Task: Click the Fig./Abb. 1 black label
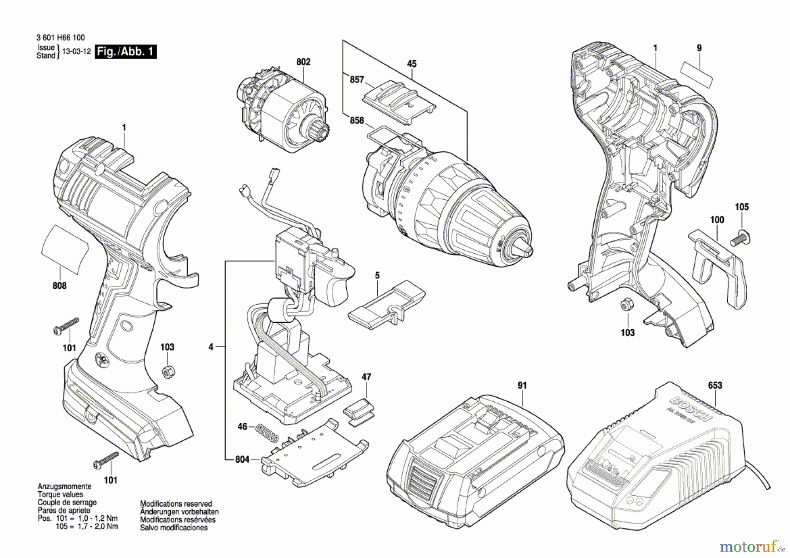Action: (126, 51)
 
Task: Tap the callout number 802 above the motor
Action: (303, 62)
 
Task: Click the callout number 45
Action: (411, 64)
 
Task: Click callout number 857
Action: (357, 79)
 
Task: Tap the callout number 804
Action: (242, 459)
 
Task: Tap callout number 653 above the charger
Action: (715, 385)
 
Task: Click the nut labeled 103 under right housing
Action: (626, 305)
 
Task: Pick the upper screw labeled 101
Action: (66, 326)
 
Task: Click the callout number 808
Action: (59, 286)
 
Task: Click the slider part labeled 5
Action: (386, 307)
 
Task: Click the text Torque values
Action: (60, 494)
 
